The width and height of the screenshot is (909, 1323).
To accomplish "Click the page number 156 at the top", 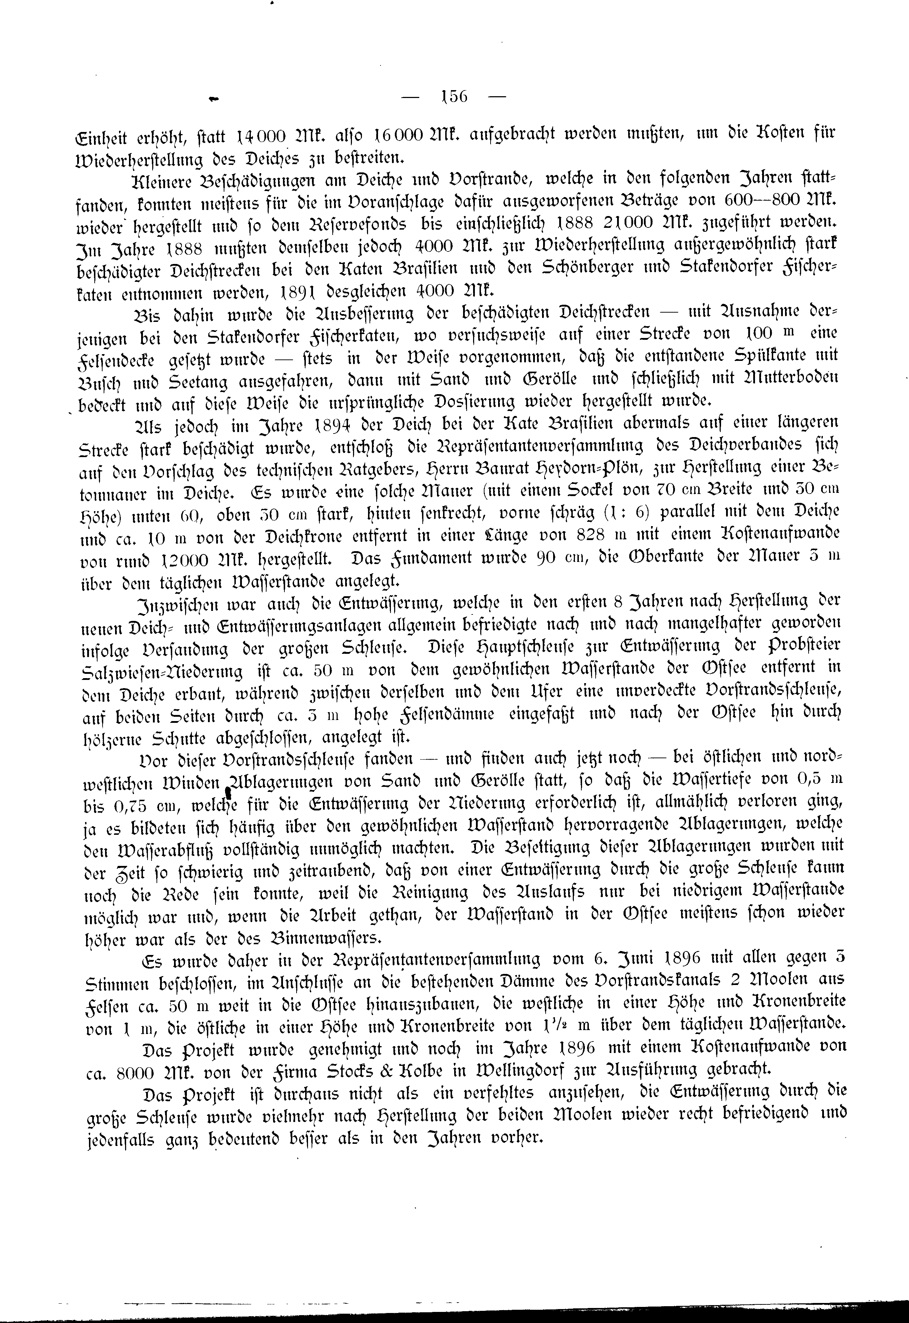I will (x=454, y=96).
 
